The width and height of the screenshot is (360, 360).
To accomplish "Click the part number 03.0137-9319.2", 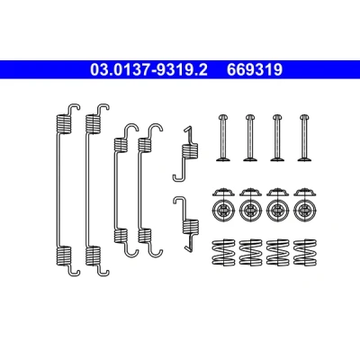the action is (x=148, y=70).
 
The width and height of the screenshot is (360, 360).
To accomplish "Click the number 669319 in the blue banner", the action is (x=255, y=70).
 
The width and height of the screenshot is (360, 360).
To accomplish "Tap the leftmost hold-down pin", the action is (x=223, y=138).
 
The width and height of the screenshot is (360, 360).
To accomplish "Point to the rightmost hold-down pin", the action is (x=305, y=138).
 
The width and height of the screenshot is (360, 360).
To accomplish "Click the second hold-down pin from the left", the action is (x=250, y=138).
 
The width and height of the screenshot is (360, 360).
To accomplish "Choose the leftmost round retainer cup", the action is (x=223, y=209).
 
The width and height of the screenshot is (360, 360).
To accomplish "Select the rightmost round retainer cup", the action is (x=305, y=209).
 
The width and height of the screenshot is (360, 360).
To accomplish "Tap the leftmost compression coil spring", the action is (x=223, y=252).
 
